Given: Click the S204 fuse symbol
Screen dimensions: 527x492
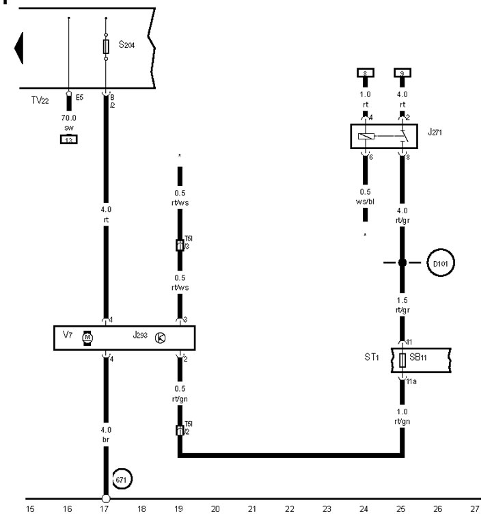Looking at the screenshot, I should point(105,46).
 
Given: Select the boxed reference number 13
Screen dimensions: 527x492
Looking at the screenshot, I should point(68,139).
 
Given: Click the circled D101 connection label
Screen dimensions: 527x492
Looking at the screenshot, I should point(440,262).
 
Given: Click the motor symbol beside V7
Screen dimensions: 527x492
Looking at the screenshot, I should point(87,337).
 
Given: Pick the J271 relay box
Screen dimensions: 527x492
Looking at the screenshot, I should point(381,137).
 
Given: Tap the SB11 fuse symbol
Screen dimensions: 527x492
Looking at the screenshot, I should point(402,360).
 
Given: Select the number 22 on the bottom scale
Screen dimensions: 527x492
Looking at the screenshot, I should point(290,509).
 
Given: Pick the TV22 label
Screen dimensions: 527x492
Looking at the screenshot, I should point(42,100).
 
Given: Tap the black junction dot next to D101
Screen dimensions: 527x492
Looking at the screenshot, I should point(402,262).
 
